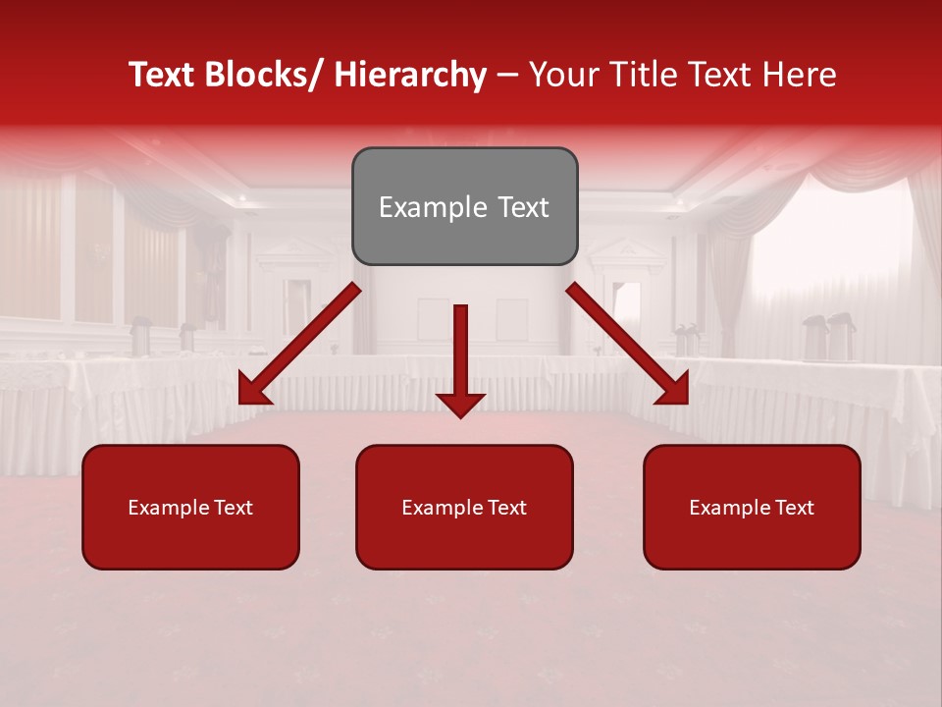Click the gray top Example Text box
point(464,206)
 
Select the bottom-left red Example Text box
point(190,507)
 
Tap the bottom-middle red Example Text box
point(464,507)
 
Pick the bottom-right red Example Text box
point(752,507)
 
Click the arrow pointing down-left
point(299,344)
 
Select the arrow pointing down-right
point(628,344)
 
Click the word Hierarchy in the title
point(409,75)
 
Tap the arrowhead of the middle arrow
point(460,404)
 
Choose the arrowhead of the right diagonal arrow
point(675,390)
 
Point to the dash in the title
point(507,75)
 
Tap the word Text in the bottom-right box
point(793,507)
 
